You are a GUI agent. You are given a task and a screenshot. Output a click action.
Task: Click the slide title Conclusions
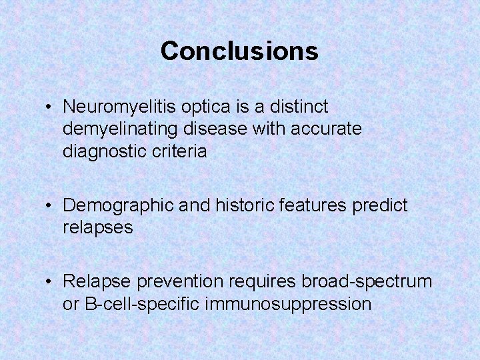pyautogui.click(x=239, y=51)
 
